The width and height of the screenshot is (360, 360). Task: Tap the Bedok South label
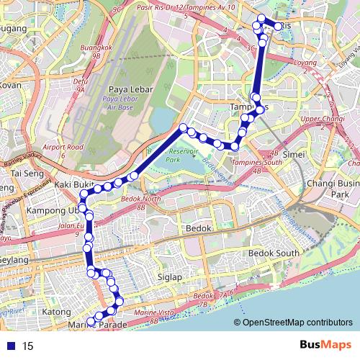point(273,253)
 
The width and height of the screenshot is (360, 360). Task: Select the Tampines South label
point(258,163)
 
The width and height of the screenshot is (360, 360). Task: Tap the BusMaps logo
point(325,346)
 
